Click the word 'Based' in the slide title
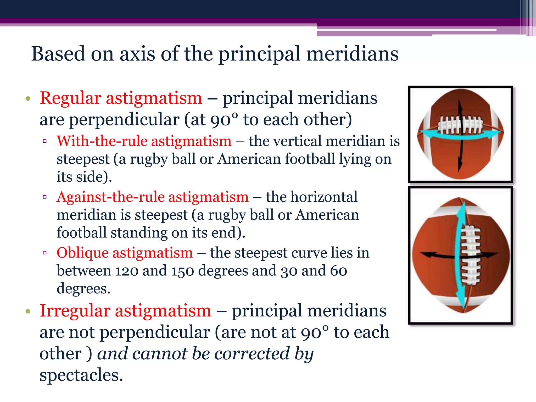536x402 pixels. coord(58,54)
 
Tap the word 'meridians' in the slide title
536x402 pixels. coord(352,54)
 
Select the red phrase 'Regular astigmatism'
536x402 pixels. coord(121,98)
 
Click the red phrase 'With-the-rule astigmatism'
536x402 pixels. coord(144,141)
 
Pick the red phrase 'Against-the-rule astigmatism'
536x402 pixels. coord(153,197)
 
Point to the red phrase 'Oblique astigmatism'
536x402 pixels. coord(125,253)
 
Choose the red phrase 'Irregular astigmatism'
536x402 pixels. coord(125,311)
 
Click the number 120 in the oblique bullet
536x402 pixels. coord(127,271)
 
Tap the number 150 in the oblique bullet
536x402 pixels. coord(182,271)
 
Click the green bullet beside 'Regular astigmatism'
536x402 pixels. coord(28,99)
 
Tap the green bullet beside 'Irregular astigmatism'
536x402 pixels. coord(28,311)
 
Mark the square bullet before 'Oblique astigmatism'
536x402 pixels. coord(45,253)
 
